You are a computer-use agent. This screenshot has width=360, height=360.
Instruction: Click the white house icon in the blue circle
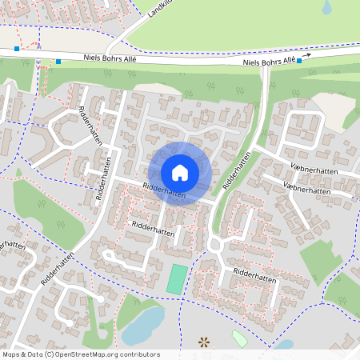[179, 173]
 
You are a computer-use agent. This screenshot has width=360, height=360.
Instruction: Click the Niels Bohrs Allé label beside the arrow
[269, 61]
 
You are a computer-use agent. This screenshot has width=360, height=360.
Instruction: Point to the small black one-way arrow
[306, 56]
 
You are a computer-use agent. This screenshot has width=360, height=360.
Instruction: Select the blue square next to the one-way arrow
[299, 61]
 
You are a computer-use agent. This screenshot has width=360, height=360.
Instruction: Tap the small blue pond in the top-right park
[326, 7]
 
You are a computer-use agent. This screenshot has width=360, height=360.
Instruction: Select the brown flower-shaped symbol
[205, 342]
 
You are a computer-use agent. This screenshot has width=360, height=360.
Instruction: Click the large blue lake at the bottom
[141, 324]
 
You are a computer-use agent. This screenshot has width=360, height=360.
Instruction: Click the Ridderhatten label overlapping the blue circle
[164, 191]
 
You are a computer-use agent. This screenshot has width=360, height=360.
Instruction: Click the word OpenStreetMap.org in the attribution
[90, 354]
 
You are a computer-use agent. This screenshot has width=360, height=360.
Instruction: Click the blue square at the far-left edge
[16, 48]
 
